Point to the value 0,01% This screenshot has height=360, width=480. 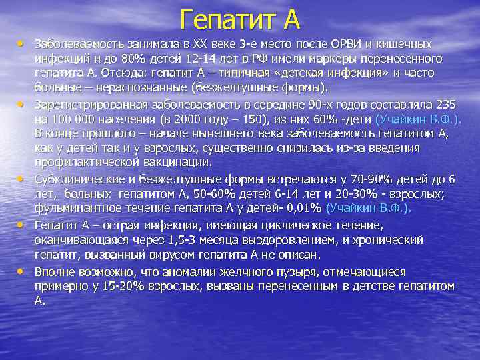pos(299,209)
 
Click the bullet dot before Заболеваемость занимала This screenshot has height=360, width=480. pos(21,43)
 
